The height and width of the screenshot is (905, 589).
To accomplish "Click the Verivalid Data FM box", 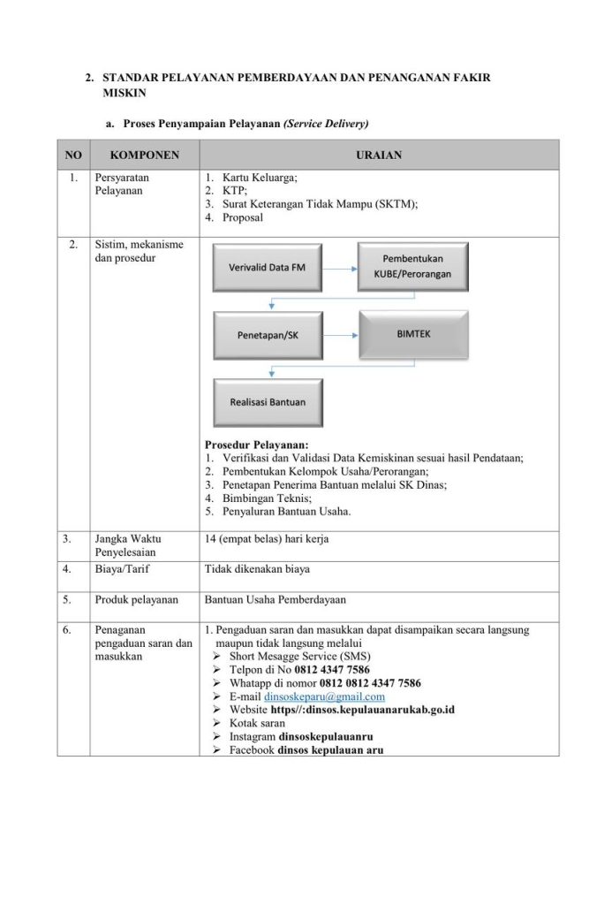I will coord(268,267).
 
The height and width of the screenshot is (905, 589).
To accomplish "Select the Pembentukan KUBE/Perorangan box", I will coord(413,266).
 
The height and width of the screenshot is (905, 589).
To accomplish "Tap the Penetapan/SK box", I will coord(268,336).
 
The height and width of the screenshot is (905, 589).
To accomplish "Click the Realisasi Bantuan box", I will coord(268,402).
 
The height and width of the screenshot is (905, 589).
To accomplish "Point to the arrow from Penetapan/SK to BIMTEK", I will coord(340,336).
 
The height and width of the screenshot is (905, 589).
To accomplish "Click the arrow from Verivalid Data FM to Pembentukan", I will coord(340,267).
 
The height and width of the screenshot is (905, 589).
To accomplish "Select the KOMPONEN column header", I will coord(145,155).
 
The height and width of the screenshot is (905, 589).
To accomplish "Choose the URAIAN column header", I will coord(379,155).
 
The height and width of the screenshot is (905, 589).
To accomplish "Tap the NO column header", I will coord(73,155).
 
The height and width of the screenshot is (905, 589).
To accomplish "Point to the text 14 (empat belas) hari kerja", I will coord(267,539).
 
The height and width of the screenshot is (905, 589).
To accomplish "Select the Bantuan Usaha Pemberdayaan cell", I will coord(275,600).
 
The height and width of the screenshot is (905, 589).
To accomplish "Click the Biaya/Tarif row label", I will coord(121,570).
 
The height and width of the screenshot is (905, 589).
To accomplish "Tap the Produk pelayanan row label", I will coord(136,600).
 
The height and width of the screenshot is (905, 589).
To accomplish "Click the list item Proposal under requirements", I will coord(243,217).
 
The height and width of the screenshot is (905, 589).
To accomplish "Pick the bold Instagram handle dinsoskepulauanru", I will coord(326,736).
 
